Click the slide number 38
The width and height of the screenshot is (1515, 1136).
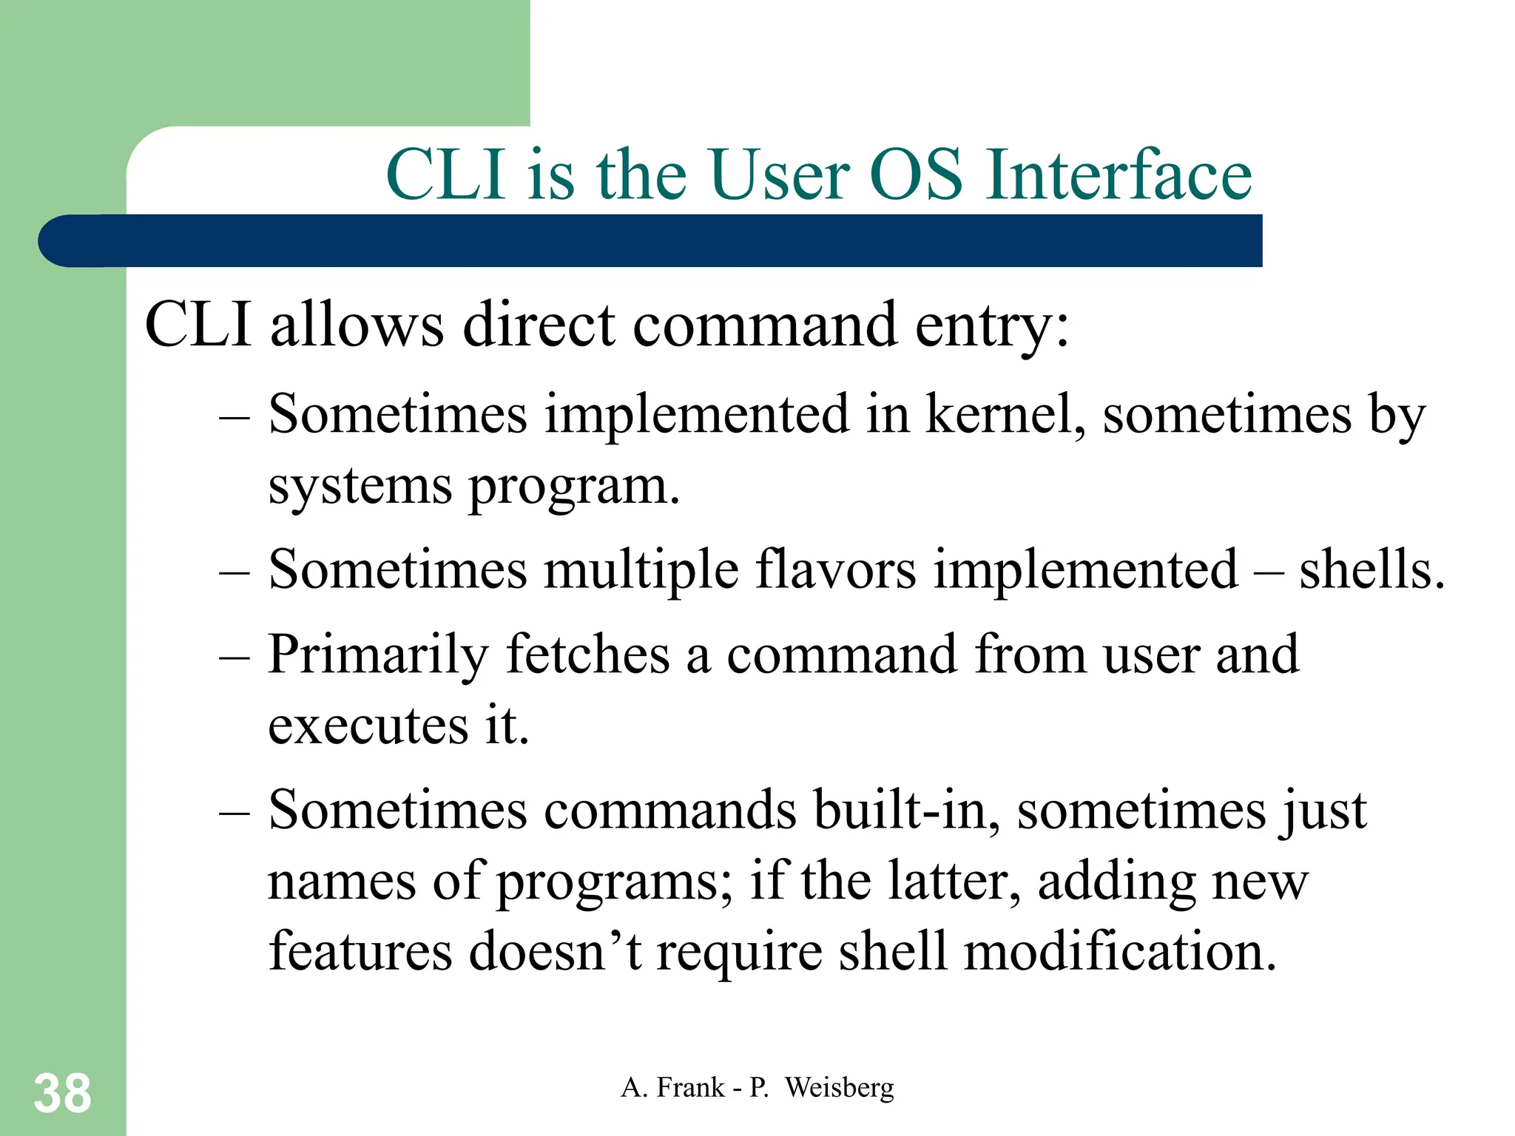62,1093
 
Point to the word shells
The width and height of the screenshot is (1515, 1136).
1371,570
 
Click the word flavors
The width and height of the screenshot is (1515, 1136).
835,570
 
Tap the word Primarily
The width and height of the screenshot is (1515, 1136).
378,656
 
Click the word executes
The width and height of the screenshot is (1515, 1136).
368,726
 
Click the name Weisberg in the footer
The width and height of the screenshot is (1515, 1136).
839,1088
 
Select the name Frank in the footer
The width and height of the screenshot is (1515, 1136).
690,1088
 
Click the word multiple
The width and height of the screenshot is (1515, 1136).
641,572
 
